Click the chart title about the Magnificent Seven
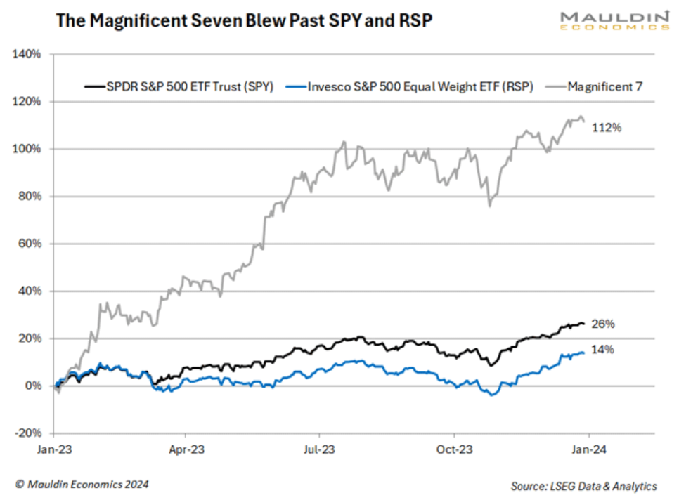click(x=243, y=21)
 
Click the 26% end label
click(x=603, y=324)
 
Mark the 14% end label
click(x=603, y=349)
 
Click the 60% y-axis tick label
click(x=31, y=244)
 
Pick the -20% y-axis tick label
click(x=30, y=433)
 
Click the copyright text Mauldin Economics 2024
click(x=82, y=485)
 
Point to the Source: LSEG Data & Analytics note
click(x=583, y=486)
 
